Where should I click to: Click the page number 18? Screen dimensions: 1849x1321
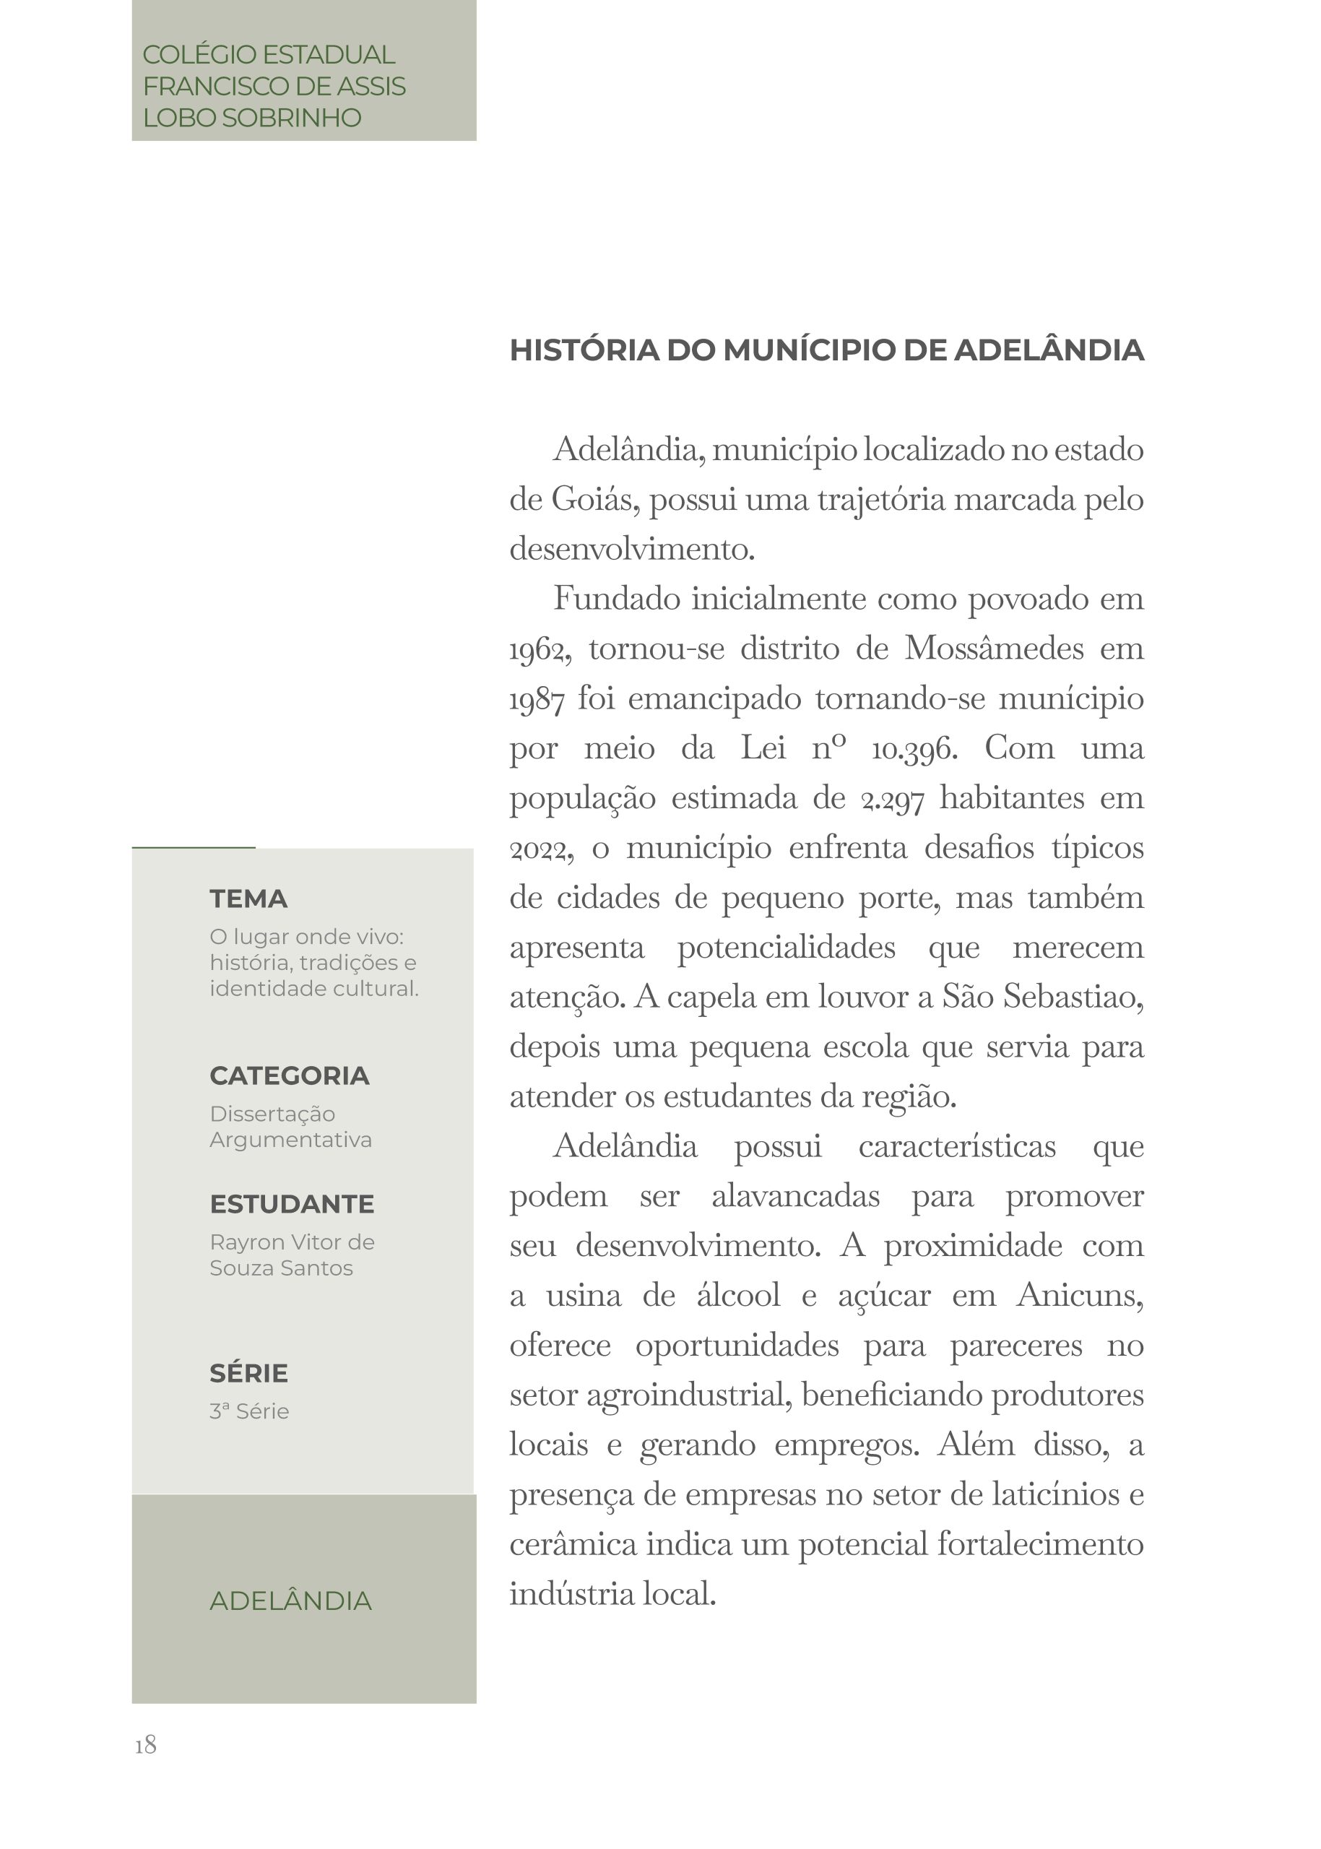click(146, 1744)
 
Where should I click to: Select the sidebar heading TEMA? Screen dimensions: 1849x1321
click(248, 899)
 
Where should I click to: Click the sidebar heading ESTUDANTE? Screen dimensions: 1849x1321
click(291, 1204)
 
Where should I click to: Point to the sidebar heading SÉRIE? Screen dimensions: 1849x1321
click(248, 1373)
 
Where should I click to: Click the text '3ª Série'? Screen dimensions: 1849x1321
click(249, 1411)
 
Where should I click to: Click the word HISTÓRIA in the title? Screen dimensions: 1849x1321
click(584, 350)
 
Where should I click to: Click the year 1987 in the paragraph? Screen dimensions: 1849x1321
click(536, 700)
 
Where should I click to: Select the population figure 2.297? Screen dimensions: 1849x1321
click(892, 799)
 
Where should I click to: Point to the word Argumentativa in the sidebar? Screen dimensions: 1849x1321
click(290, 1140)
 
